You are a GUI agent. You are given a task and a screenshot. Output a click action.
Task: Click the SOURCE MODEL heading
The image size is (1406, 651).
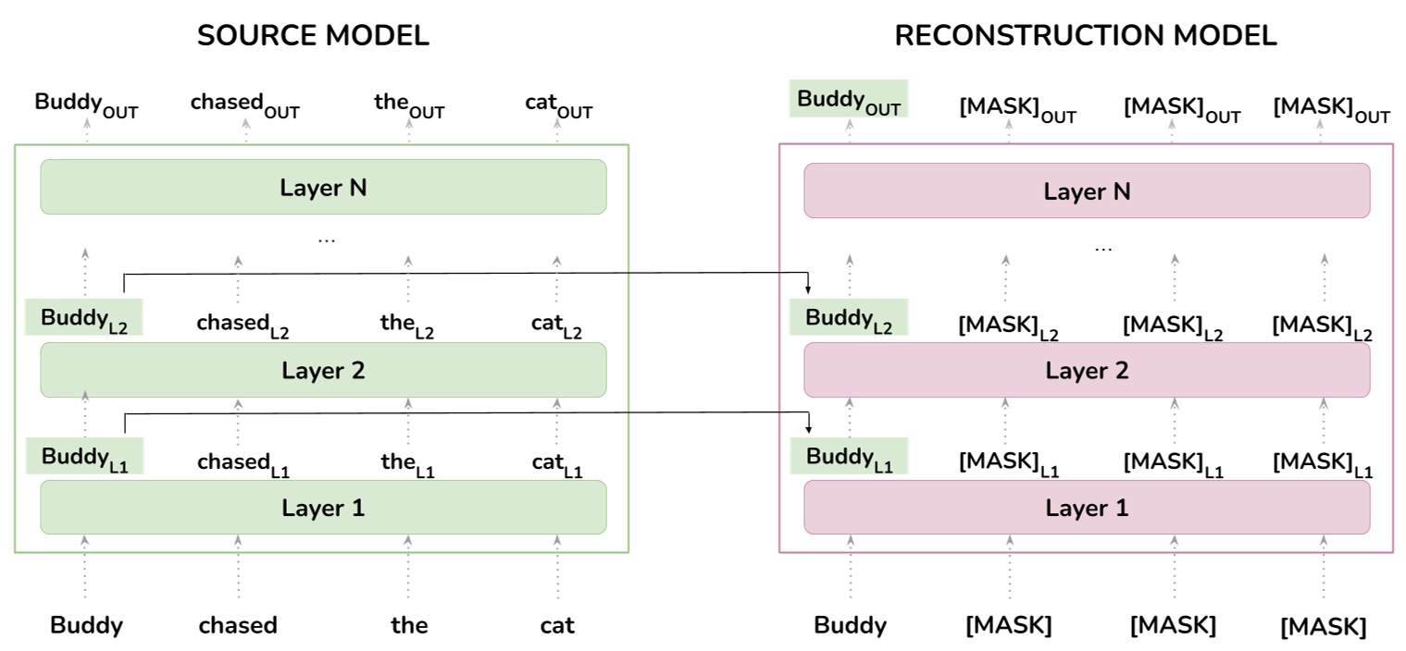(x=313, y=36)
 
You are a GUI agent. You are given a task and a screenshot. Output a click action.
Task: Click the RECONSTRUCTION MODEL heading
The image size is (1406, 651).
(x=1085, y=36)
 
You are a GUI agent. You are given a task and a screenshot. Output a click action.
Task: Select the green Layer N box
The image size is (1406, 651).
(x=323, y=188)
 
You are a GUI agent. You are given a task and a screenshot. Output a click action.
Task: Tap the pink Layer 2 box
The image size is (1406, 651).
(x=1087, y=371)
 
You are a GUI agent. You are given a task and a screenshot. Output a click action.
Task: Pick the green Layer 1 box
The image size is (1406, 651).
(x=323, y=508)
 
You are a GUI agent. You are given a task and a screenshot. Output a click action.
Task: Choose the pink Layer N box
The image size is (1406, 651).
(x=1087, y=191)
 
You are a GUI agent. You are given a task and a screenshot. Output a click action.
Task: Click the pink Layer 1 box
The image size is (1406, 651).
(x=1087, y=508)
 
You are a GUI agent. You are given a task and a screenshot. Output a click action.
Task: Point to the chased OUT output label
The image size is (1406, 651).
(x=244, y=104)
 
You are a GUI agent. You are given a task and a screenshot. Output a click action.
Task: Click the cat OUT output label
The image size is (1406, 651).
(x=558, y=104)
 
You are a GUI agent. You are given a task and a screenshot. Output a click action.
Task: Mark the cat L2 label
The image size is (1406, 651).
(x=556, y=325)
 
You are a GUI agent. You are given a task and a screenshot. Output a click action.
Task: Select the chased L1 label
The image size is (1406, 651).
(x=243, y=463)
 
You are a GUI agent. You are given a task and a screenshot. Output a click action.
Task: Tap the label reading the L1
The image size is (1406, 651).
(x=407, y=463)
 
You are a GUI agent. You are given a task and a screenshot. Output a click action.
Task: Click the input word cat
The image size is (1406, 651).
(x=557, y=626)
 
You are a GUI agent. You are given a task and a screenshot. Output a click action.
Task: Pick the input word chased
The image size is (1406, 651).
(x=238, y=626)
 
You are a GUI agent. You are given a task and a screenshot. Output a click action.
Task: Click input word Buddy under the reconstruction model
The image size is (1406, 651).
(x=850, y=626)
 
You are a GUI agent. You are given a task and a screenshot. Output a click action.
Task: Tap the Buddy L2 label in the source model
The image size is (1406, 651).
(x=83, y=319)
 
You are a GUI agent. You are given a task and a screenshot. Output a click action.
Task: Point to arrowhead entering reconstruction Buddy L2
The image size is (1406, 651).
(x=809, y=289)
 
